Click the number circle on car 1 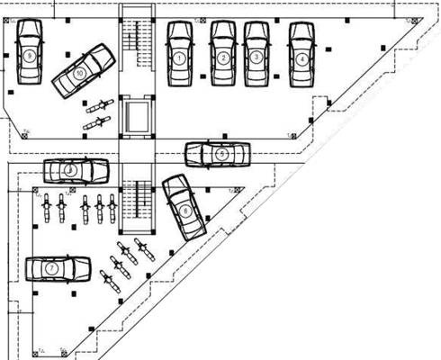point(180,58)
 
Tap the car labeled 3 point(256,56)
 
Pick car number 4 point(301,56)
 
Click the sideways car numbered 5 point(217,154)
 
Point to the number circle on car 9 point(30,55)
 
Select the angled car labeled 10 point(83,69)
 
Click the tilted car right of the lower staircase point(182,208)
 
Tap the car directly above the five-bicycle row point(76,169)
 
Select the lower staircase point(138,205)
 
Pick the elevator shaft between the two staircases point(138,116)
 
